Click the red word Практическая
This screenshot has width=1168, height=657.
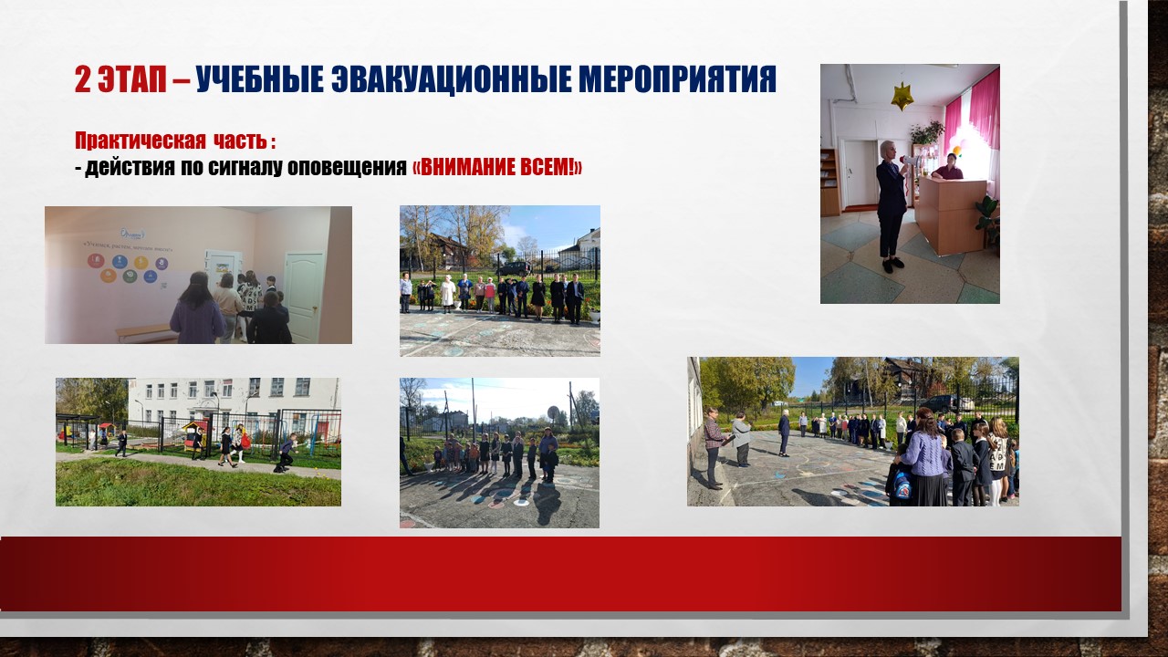[x=141, y=141]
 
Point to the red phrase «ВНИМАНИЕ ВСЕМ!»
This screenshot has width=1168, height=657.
[x=497, y=167]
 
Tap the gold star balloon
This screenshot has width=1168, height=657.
[x=902, y=96]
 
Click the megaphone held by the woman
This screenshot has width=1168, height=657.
[x=910, y=162]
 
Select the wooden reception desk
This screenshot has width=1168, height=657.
[x=952, y=214]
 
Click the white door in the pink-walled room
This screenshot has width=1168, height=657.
[x=304, y=297]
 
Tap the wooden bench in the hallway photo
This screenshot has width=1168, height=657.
[x=145, y=333]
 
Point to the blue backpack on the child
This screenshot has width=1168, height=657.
[x=902, y=486]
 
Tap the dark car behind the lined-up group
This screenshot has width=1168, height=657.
[x=514, y=269]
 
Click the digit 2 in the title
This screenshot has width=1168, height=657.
[x=82, y=79]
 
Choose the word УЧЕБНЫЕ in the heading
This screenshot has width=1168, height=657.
[x=260, y=79]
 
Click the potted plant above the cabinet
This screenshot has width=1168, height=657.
[x=927, y=132]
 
